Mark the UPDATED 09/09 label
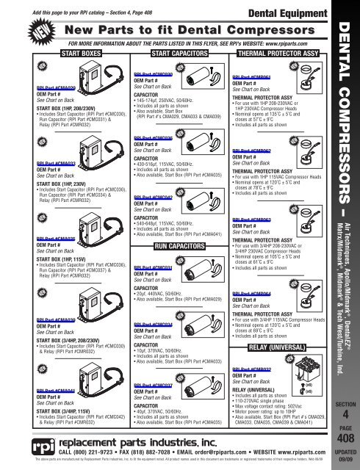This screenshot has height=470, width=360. (342, 456)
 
